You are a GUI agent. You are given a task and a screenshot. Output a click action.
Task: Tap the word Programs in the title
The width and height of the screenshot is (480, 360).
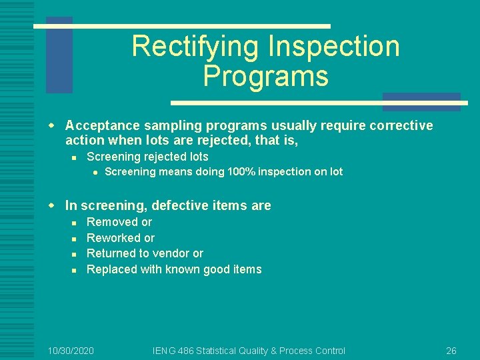265,76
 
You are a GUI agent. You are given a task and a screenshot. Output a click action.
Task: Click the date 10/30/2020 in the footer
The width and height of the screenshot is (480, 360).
71,351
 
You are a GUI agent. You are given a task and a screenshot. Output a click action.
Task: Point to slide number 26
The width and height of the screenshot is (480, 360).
451,351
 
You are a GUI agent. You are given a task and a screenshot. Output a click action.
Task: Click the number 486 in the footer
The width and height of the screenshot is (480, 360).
187,351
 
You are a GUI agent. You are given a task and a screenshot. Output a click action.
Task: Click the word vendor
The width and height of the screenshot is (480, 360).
169,253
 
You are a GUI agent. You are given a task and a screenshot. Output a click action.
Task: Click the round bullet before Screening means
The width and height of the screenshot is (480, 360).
96,172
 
